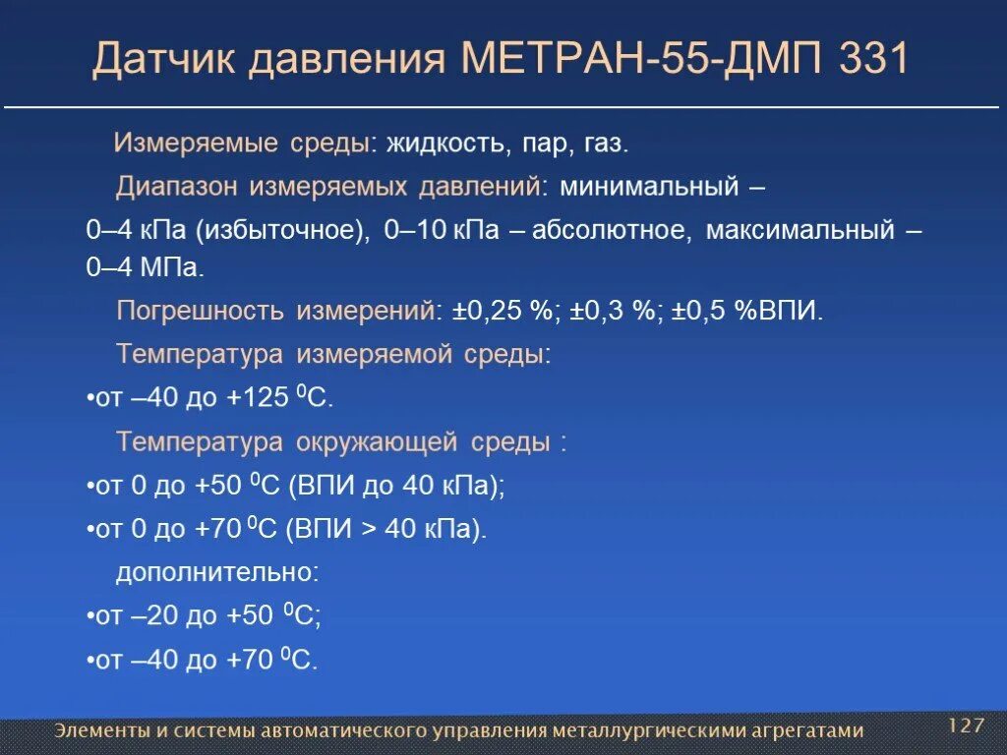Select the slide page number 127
(x=966, y=726)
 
